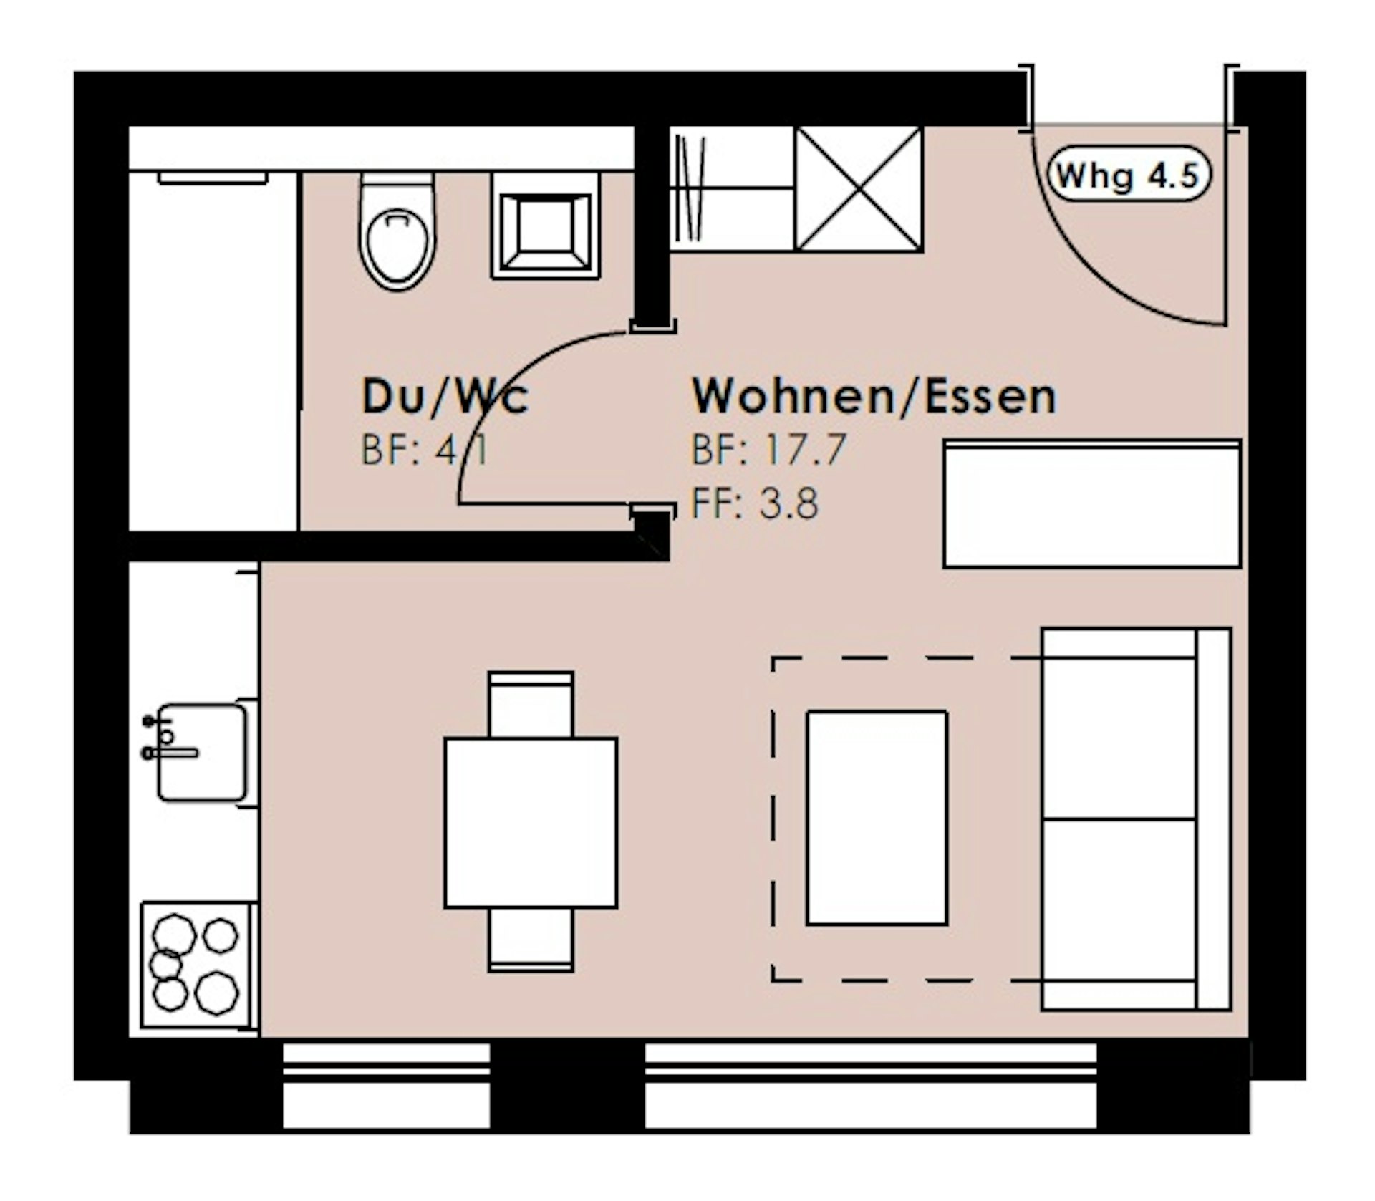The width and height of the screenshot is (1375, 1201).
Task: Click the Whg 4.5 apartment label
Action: pos(1129,174)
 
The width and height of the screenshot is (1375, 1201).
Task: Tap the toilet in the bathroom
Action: pos(397,231)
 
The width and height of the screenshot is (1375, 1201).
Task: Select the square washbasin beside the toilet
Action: pos(546,225)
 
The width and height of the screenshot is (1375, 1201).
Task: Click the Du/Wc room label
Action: pos(445,396)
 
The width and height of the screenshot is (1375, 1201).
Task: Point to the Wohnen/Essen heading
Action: pos(874,396)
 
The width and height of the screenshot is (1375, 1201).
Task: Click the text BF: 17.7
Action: pos(768,450)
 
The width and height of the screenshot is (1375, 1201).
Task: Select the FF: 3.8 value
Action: pos(754,503)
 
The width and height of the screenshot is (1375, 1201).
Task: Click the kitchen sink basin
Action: pos(201,752)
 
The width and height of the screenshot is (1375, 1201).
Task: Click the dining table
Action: pos(531,823)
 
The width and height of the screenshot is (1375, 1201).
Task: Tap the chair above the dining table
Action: pos(531,705)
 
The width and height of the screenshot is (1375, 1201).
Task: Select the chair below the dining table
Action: pos(531,940)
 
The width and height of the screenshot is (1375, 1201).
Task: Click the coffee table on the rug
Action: pos(877,818)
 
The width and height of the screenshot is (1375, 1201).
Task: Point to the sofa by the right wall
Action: pos(1137,819)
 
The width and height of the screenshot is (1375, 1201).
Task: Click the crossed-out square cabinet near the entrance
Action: pos(859,189)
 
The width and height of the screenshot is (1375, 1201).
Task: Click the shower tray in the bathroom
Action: pos(213,351)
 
